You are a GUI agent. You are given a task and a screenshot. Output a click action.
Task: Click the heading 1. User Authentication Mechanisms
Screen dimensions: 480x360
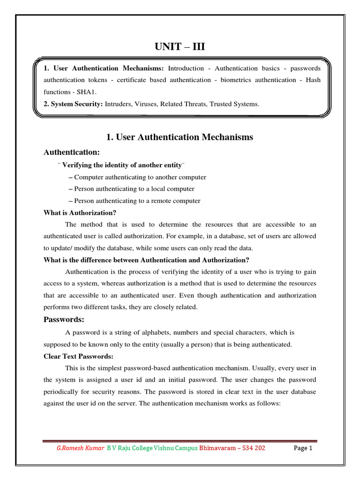click(180, 137)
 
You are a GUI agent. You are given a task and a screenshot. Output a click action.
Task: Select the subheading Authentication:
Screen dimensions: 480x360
click(71, 152)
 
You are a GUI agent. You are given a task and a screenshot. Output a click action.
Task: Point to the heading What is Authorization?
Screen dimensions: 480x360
click(80, 212)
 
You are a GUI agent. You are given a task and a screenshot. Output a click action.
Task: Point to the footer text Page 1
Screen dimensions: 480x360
click(303, 448)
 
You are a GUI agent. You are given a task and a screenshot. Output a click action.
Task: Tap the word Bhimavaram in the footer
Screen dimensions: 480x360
click(217, 448)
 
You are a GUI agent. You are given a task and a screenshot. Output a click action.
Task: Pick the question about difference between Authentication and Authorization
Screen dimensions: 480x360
click(146, 260)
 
